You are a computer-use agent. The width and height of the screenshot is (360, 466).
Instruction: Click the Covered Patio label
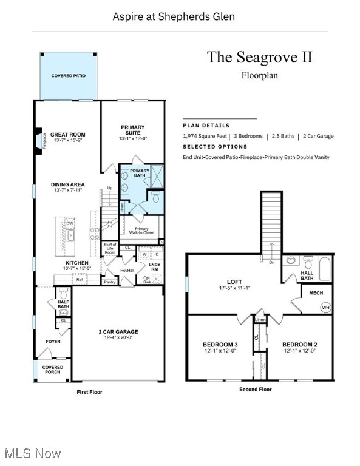pos(68,76)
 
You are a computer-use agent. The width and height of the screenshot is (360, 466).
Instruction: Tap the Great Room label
pos(68,135)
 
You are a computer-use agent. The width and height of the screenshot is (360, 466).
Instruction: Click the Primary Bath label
pos(140,174)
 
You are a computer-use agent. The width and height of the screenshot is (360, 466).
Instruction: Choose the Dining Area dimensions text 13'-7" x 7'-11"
pos(68,191)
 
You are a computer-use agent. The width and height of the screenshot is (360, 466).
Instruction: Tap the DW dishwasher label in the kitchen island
pos(70,223)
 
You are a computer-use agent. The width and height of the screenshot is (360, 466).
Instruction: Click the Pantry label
pos(109,282)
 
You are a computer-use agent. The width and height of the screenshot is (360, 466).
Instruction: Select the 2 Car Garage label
pos(118,332)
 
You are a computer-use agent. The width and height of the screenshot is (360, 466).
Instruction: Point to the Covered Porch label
pos(52,370)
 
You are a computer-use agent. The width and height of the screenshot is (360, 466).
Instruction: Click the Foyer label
pos(53,341)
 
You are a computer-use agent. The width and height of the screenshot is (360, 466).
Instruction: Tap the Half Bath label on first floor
pos(63,304)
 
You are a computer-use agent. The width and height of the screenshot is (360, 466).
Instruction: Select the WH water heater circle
pos(325,308)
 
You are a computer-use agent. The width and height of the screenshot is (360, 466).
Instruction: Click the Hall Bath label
pos(307,276)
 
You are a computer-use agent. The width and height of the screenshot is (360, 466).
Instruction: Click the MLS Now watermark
pos(31,453)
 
